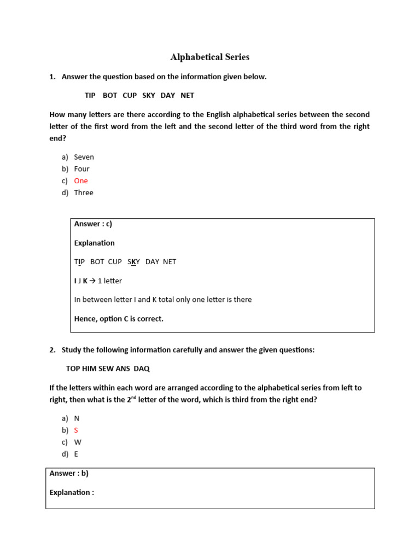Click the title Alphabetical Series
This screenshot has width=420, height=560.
pos(209,57)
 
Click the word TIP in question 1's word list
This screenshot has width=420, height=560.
pos(90,95)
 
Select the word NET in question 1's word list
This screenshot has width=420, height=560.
pos(187,95)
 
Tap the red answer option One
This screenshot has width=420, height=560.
pos(81,181)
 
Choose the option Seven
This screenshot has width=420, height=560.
pos(84,157)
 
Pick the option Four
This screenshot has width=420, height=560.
pos(81,169)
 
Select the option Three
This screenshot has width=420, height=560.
pos(84,192)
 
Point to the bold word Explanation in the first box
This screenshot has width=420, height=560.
pos(94,243)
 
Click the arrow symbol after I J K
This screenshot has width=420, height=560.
pos(92,281)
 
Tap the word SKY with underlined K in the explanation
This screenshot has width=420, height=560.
pos(133,262)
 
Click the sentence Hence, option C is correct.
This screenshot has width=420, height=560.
pos(119,319)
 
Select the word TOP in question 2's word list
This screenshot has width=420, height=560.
pos(73,369)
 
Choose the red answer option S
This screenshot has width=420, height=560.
pos(76,430)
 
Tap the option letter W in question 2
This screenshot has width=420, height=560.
pos(77,442)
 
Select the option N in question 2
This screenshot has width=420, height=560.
pos(77,418)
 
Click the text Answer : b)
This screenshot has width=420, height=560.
pos(69,474)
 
